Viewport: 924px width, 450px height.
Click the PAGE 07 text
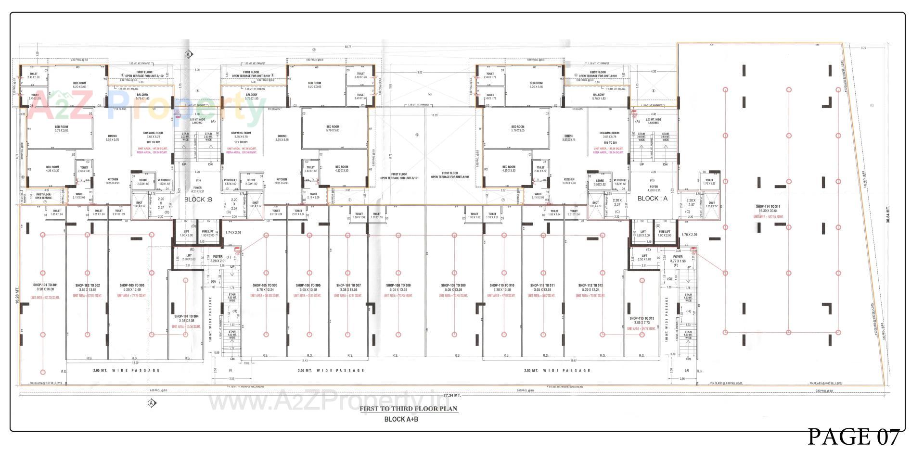tap(853, 437)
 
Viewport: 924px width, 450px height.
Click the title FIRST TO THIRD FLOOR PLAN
tap(409, 409)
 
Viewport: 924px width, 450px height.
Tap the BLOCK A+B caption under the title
tap(401, 419)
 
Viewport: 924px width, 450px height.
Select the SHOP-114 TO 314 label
tap(768, 206)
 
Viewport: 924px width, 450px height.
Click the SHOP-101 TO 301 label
tap(45, 285)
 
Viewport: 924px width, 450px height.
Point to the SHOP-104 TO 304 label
tap(184, 316)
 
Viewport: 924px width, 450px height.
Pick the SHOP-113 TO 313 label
tap(642, 318)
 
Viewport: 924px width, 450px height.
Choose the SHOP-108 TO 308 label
tap(398, 285)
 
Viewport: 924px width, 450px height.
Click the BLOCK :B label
tap(198, 200)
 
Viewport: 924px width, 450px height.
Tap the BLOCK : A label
tap(653, 198)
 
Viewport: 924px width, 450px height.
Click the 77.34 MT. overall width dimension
tap(452, 395)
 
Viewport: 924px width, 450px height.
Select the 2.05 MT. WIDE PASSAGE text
tap(126, 371)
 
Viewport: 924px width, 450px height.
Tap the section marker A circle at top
tap(189, 54)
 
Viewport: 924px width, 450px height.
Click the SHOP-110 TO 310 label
tap(502, 285)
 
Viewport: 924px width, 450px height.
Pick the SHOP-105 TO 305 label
tap(265, 285)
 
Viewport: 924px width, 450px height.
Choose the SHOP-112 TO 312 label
tap(590, 285)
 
